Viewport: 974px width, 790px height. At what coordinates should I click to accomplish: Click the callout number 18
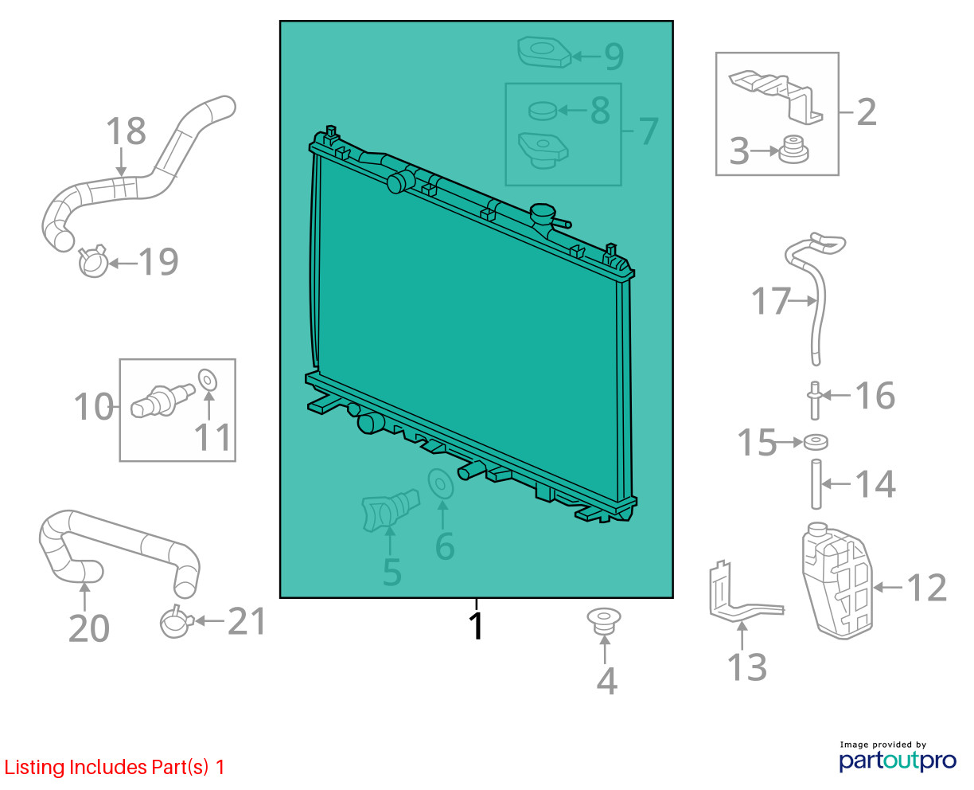point(126,131)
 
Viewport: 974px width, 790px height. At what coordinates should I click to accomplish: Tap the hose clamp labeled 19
point(93,261)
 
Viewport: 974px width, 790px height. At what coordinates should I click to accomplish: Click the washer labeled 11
point(208,381)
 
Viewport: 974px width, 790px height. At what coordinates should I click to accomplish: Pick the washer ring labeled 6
point(440,483)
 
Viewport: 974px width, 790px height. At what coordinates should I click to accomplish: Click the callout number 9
point(614,57)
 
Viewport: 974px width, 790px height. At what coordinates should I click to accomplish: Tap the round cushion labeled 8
point(543,111)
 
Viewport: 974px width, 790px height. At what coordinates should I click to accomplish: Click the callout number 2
point(867,112)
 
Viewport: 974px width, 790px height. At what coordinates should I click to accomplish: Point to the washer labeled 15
point(816,442)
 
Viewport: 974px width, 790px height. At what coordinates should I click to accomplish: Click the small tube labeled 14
point(816,484)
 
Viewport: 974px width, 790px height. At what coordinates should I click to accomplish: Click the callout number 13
point(746,667)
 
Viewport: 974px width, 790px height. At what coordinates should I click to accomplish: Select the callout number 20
point(88,628)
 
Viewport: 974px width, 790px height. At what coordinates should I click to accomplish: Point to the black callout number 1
point(476,626)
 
